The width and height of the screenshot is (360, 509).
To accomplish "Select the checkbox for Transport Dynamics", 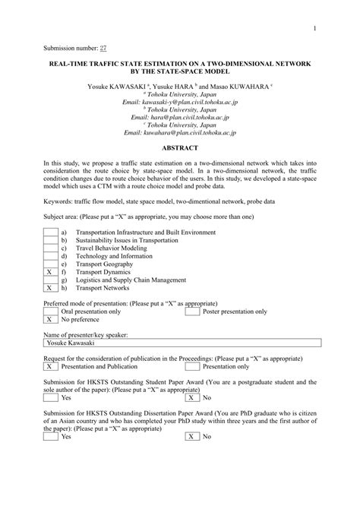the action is point(49,271).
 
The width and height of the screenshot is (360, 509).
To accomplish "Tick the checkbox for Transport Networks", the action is point(49,288).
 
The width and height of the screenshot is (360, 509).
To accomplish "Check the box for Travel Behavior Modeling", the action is point(49,248).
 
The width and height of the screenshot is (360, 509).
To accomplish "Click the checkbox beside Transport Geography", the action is point(49,264).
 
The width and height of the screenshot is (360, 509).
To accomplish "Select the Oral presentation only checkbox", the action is point(49,311).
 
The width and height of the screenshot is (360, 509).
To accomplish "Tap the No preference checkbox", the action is point(49,320).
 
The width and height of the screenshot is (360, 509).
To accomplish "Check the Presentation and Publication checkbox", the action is point(49,366).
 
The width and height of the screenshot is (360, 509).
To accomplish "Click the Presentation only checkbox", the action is point(192,366).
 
